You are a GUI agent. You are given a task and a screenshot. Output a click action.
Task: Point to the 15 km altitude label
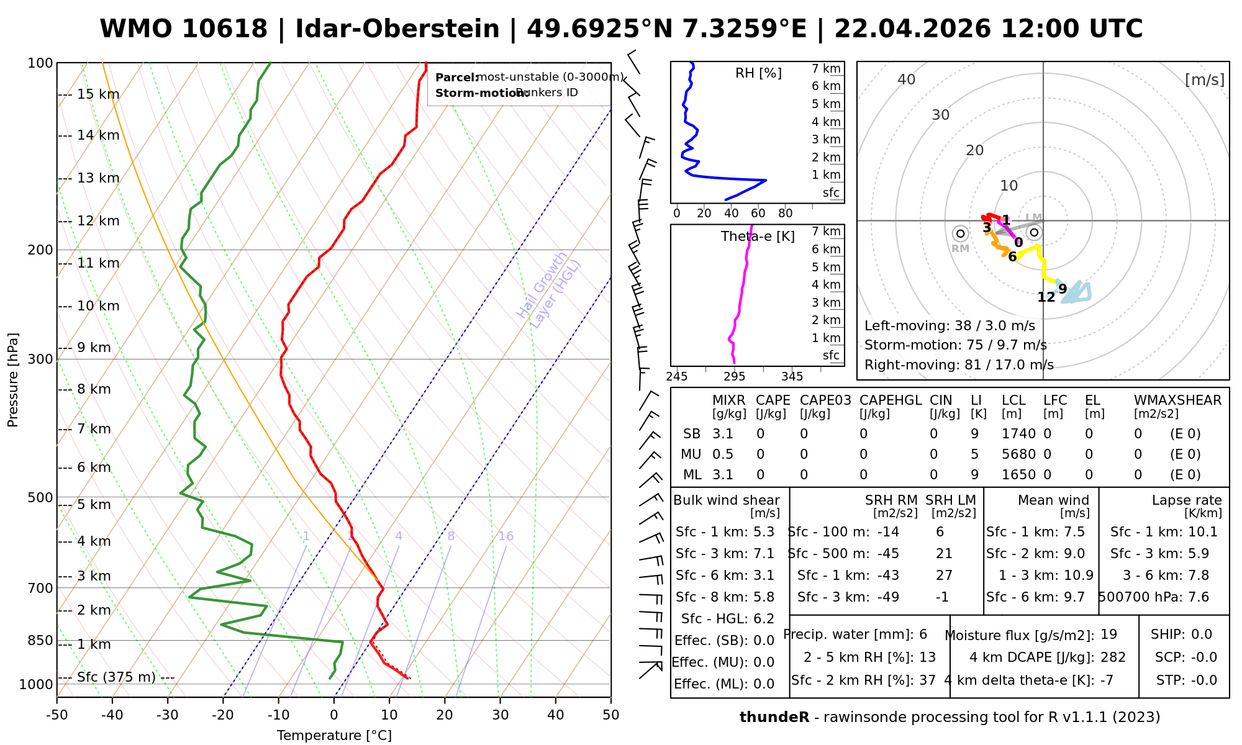[x=98, y=94]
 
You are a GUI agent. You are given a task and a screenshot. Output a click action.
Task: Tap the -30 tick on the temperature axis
[x=168, y=715]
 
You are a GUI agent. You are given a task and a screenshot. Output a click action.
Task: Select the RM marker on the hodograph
[x=961, y=234]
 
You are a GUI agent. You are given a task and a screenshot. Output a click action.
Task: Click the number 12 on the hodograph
[x=1046, y=297]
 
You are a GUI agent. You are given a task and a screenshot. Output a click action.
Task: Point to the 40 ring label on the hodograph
[x=907, y=79]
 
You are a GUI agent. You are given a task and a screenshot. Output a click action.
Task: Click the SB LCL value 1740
[x=1018, y=434]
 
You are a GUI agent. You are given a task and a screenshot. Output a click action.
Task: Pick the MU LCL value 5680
[x=1018, y=454]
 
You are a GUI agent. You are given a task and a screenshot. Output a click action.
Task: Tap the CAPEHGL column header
[x=891, y=400]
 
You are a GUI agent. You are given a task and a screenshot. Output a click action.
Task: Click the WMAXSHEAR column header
[x=1177, y=400]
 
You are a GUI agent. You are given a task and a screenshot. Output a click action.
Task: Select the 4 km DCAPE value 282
[x=1113, y=657]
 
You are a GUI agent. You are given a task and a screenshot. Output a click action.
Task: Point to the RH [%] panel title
[x=758, y=73]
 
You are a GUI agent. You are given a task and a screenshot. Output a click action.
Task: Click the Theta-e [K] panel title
[x=758, y=237]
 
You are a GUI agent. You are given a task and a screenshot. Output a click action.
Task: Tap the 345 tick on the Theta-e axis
[x=792, y=377]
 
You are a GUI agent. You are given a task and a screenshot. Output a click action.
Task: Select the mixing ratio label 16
[x=505, y=536]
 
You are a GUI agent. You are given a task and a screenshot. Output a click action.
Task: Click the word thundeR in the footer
[x=774, y=718]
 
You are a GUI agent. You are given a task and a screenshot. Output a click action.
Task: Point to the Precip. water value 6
[x=923, y=634]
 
